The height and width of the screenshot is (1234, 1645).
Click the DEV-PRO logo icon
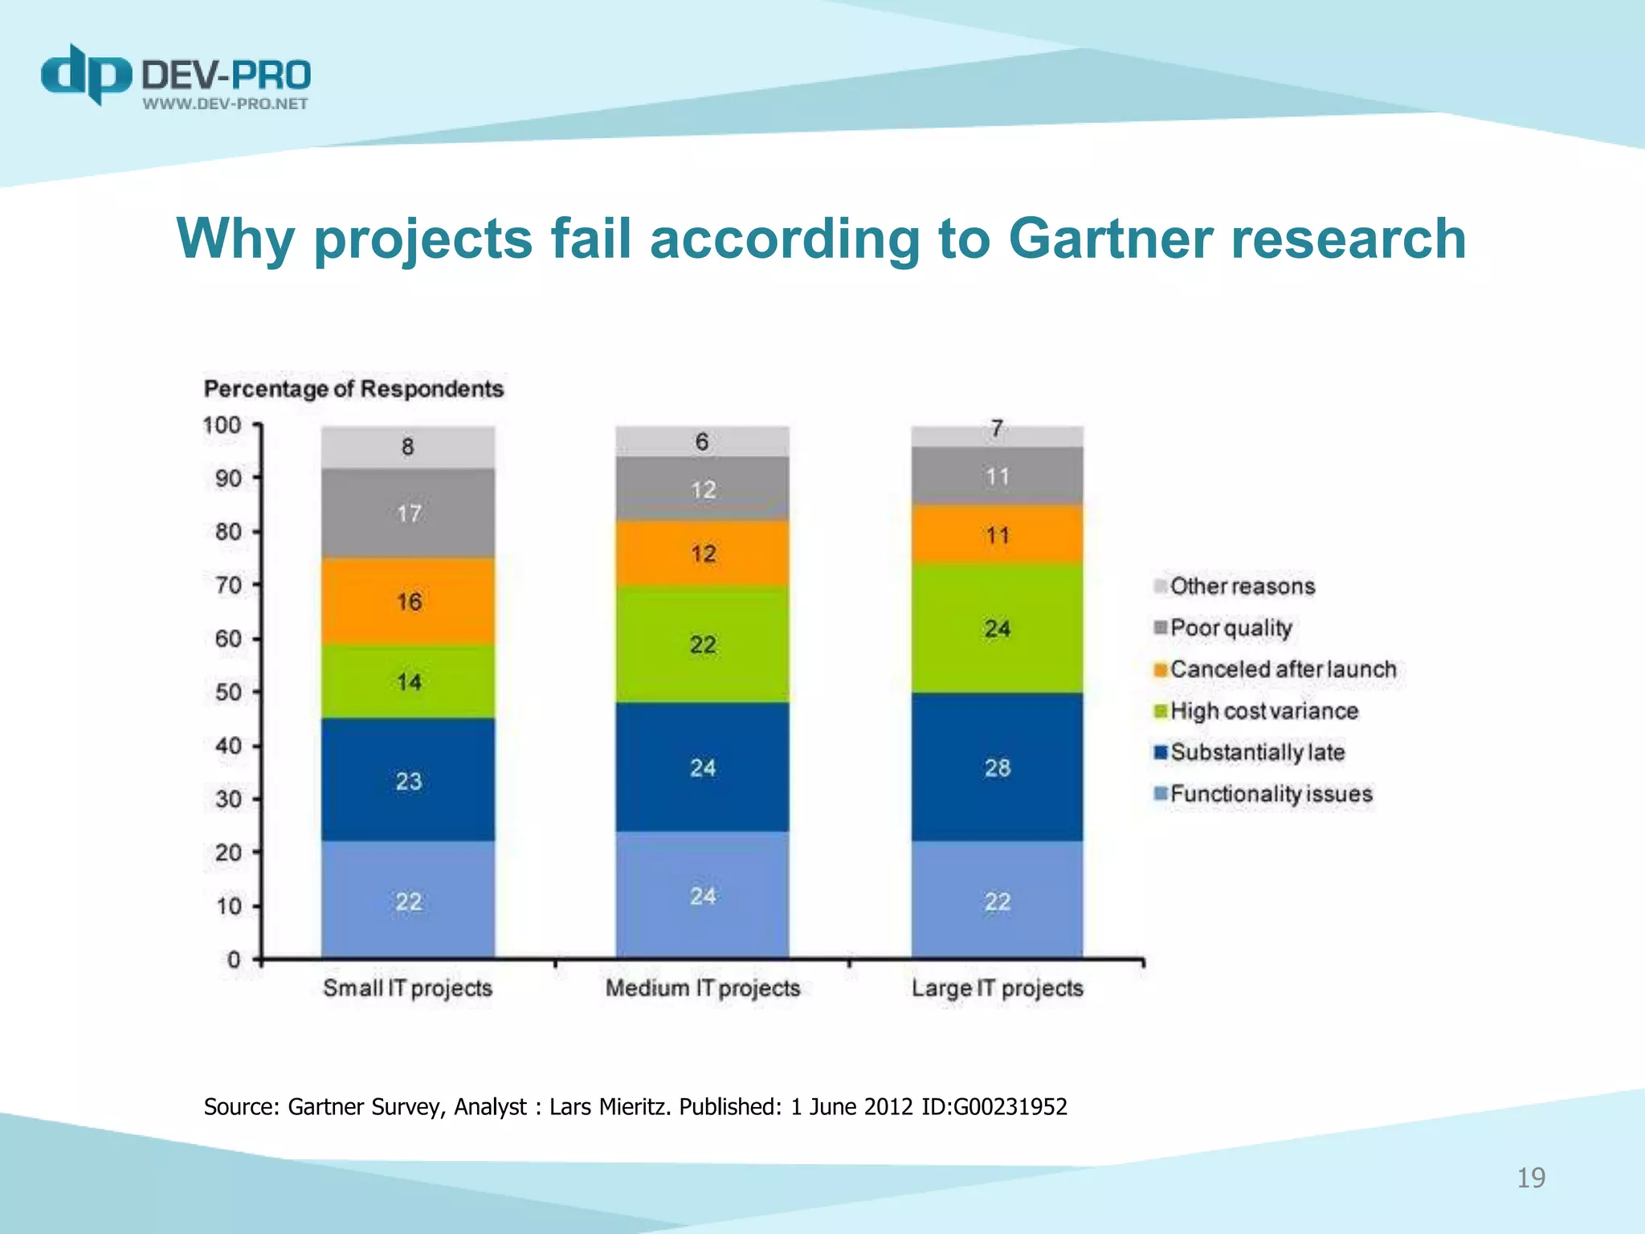point(85,74)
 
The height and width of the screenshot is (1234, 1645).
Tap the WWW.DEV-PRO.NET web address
point(226,104)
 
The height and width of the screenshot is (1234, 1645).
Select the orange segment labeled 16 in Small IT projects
point(408,601)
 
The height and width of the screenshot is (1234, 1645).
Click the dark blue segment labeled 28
point(997,767)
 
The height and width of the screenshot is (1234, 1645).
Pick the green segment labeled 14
point(408,681)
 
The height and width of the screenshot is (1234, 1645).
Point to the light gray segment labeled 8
point(408,447)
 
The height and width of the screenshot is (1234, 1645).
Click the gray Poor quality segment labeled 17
point(408,513)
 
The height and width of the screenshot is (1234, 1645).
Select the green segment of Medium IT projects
point(702,644)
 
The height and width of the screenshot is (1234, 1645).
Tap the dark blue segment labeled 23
point(408,780)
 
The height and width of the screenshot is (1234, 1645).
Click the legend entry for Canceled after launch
point(1282,669)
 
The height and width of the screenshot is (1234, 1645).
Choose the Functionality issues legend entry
point(1270,794)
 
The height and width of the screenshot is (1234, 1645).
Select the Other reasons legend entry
point(1241,586)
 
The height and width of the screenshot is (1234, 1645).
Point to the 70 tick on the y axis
point(229,585)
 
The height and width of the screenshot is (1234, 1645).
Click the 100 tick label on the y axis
point(222,424)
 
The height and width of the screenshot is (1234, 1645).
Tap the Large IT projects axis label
point(997,987)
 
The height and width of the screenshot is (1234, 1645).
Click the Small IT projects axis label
point(407,987)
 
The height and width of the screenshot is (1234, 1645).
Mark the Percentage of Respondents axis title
point(353,389)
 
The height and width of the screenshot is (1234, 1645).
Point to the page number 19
point(1530,1178)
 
